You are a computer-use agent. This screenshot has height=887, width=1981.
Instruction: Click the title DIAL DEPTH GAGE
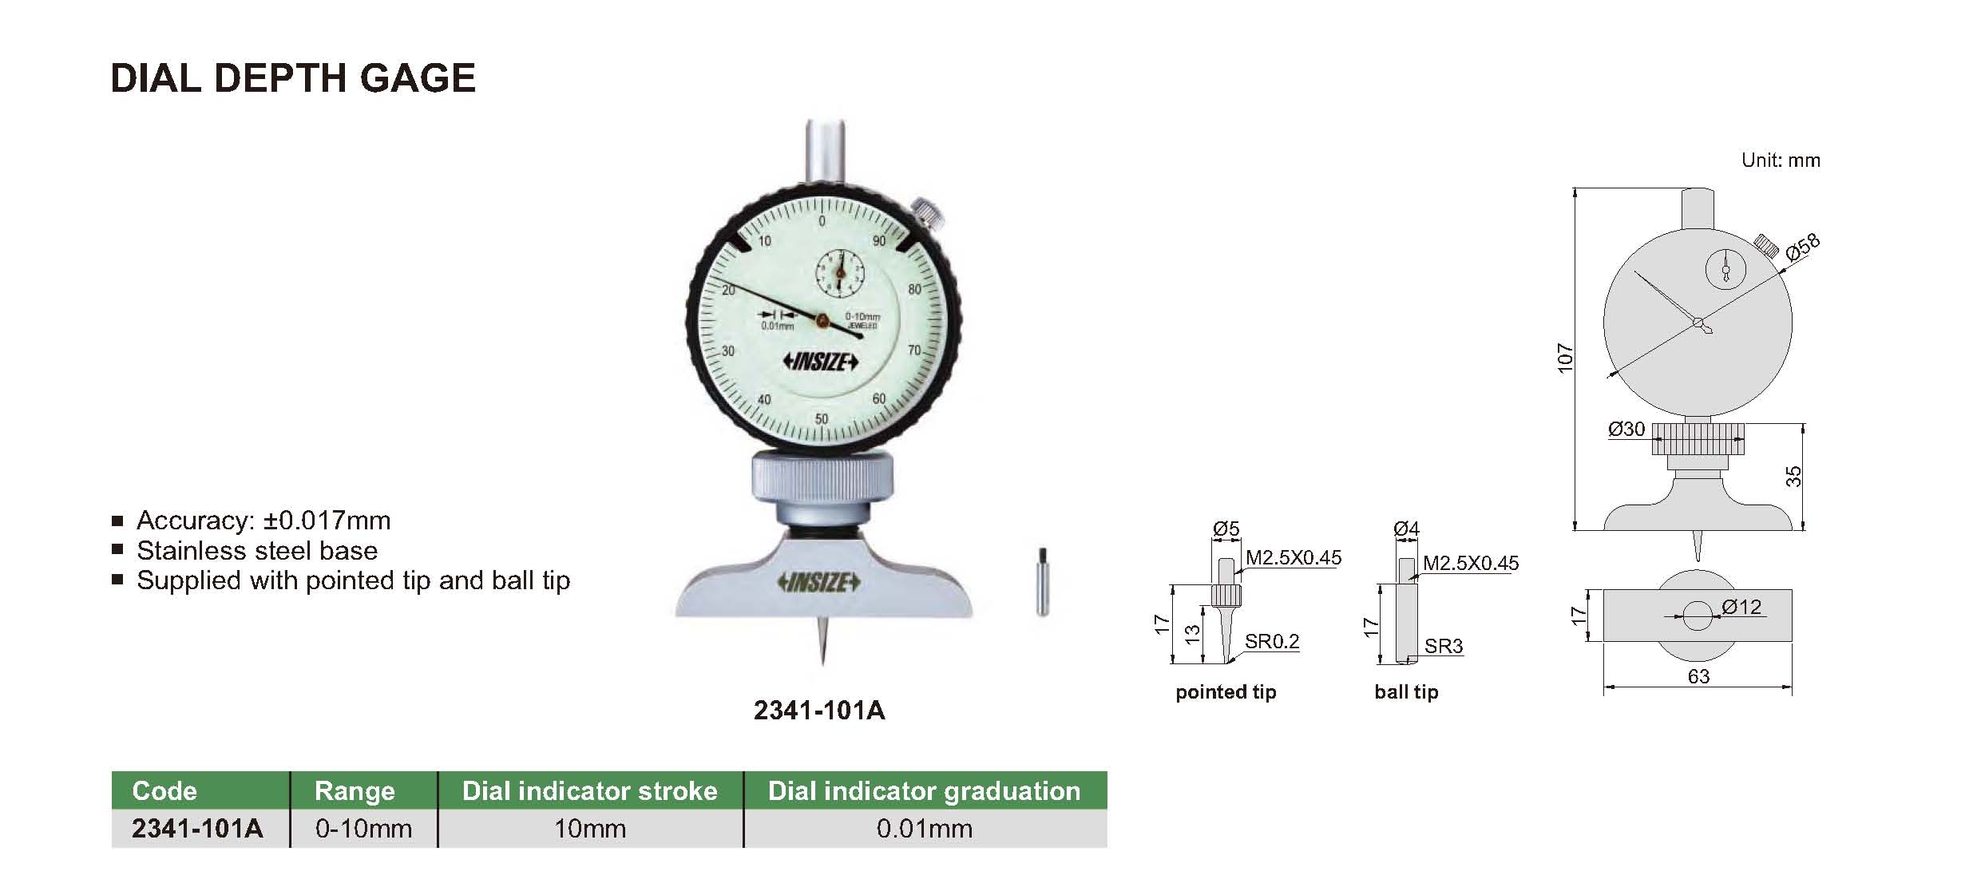(293, 78)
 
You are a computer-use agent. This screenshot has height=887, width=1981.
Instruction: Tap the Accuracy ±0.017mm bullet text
(263, 521)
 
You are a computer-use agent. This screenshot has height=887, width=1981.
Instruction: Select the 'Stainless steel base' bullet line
(257, 551)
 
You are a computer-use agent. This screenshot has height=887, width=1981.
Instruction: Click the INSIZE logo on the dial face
(821, 362)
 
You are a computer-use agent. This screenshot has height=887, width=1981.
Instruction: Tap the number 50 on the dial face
(822, 419)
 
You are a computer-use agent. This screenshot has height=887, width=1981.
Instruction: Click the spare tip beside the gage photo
(1042, 581)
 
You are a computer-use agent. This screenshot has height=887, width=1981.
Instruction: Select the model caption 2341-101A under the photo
(819, 711)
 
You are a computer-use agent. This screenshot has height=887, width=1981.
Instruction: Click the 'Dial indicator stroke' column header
(590, 790)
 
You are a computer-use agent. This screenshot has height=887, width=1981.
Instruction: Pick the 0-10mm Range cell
(364, 829)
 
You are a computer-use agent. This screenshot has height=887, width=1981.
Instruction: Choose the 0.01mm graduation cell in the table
(925, 829)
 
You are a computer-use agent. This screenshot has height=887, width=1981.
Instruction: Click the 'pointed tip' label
(1226, 692)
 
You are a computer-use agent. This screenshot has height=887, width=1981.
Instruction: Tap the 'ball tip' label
(1406, 692)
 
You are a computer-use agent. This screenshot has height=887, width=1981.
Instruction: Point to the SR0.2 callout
(1272, 641)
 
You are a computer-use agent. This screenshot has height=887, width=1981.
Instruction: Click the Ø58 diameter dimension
(1803, 247)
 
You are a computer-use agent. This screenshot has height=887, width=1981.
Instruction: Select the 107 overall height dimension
(1565, 358)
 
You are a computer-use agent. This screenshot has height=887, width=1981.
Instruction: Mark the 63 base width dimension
(1698, 677)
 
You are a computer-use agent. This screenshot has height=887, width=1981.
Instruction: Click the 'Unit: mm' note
(1781, 160)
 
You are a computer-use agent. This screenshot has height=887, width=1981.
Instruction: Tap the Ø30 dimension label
(1626, 430)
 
